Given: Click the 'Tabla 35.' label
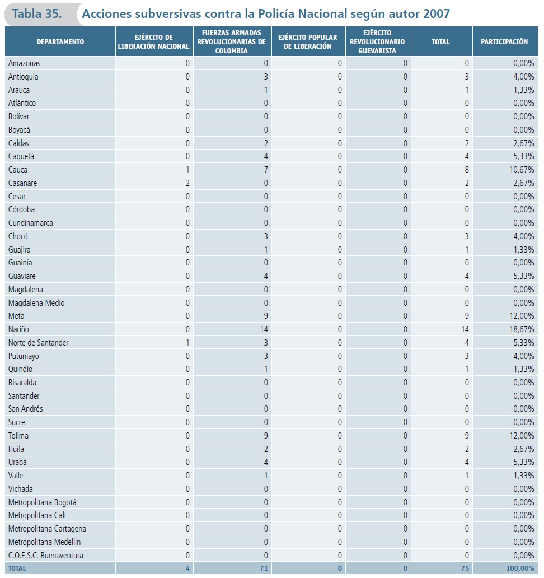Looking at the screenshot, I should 37,14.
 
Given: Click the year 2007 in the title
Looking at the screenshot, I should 437,14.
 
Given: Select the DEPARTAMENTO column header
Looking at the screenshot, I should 60,42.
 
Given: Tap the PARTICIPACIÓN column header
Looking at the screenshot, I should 504,42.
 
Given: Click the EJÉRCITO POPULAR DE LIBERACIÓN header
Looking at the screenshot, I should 308,42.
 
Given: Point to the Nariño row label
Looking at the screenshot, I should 18,329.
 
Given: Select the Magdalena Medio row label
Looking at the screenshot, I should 36,303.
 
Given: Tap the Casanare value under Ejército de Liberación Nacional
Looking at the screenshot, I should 187,183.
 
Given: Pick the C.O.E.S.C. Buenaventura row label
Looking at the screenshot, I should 46,556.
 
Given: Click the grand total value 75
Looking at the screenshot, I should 465,568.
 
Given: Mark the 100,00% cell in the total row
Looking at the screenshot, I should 520,568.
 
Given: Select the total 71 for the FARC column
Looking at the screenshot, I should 264,568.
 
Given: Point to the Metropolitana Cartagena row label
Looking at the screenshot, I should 47,529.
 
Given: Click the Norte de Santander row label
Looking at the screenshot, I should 39,343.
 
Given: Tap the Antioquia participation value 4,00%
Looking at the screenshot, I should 524,77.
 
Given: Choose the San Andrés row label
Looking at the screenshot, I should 26,409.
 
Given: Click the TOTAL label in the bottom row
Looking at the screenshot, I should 17,568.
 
